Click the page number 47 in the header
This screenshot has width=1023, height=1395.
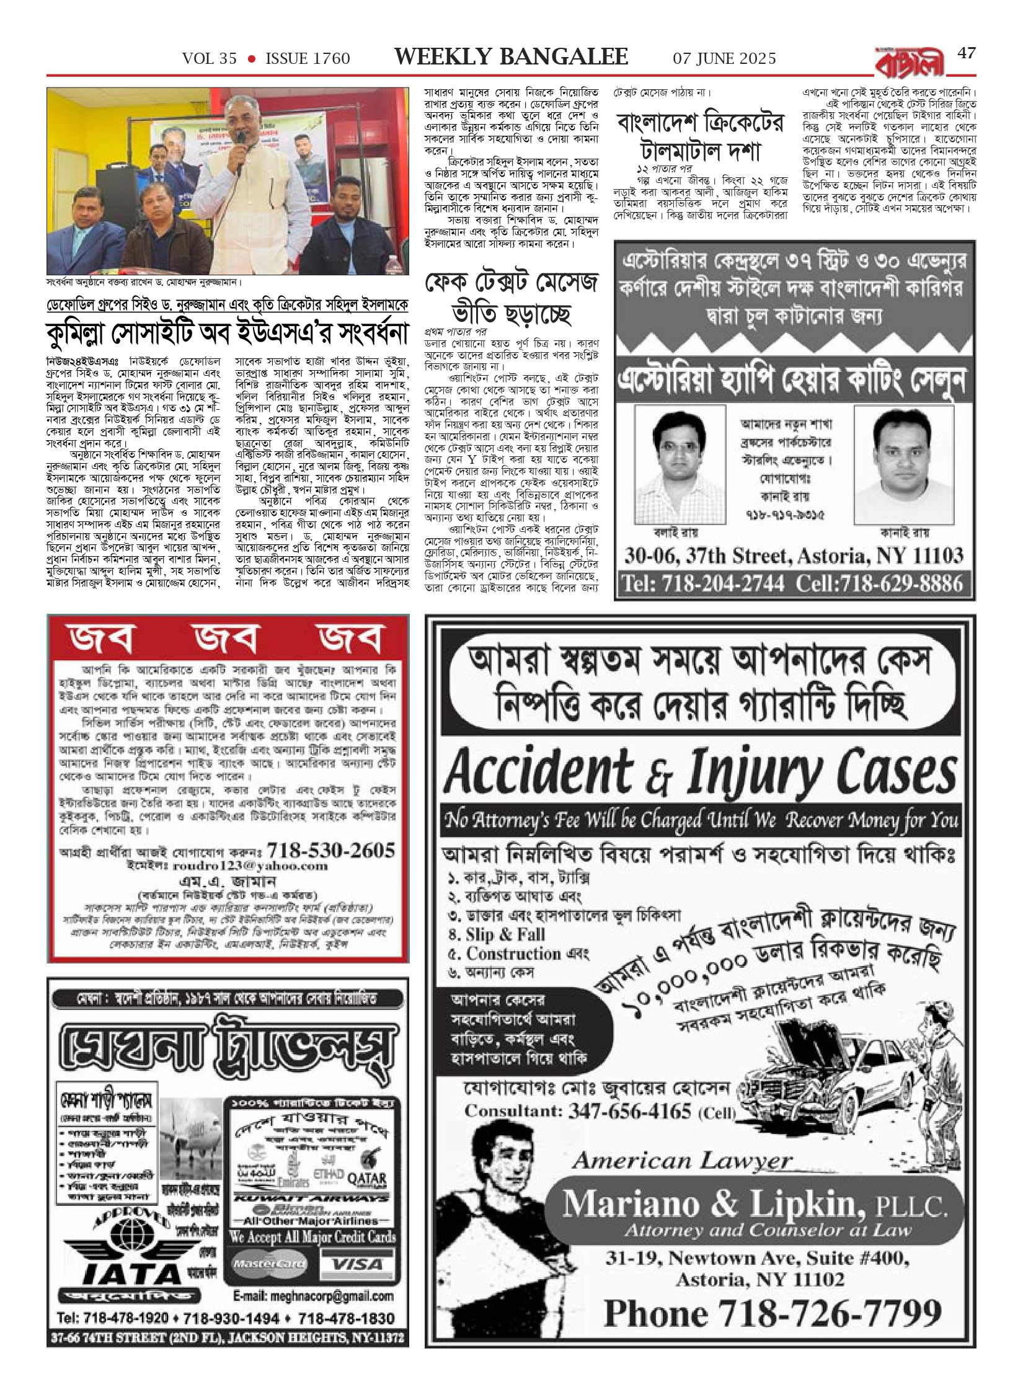tap(966, 53)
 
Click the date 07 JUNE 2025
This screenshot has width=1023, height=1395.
tap(724, 59)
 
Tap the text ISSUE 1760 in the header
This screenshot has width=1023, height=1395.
tap(308, 59)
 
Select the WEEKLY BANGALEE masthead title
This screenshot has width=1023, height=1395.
tap(511, 58)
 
